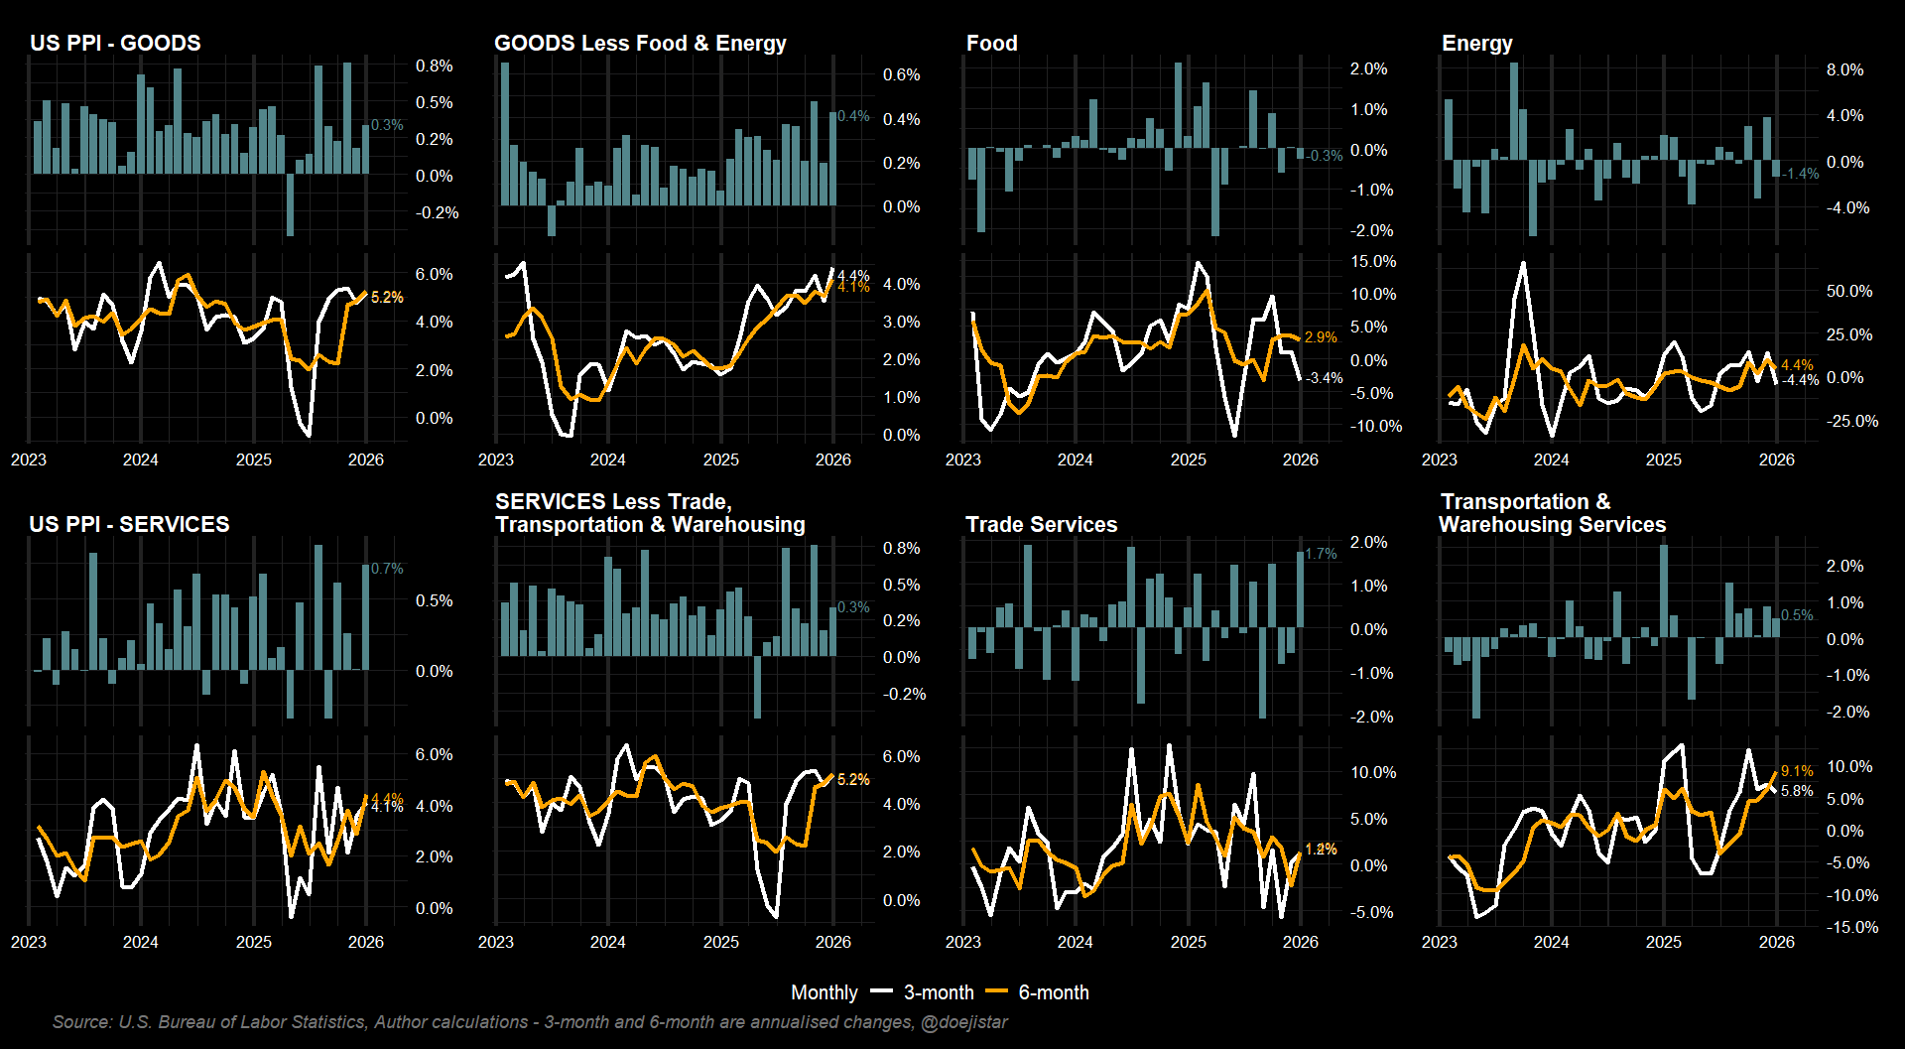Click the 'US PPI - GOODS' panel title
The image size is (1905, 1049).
pos(115,43)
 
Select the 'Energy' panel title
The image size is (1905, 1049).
pos(1476,43)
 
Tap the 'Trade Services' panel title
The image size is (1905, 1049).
pos(1041,524)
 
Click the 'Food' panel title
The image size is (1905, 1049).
pos(991,43)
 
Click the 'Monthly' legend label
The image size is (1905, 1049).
pos(824,992)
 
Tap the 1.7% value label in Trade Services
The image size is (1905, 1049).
pos(1321,554)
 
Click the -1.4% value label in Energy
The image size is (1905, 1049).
pos(1801,174)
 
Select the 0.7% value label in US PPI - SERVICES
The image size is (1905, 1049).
pos(387,569)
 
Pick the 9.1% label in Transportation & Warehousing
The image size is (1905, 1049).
pos(1797,771)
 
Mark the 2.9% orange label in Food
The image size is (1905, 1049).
pos(1321,337)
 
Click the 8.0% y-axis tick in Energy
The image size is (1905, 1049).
pos(1844,69)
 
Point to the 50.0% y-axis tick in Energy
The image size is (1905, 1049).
pos(1848,291)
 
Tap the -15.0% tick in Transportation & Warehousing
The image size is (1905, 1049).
pos(1851,927)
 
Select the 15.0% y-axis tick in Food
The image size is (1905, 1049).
pos(1372,261)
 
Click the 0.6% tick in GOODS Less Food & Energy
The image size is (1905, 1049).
pos(901,74)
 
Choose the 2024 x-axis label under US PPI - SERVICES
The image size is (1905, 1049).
pos(140,942)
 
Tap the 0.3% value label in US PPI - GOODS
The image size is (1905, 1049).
pos(387,125)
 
